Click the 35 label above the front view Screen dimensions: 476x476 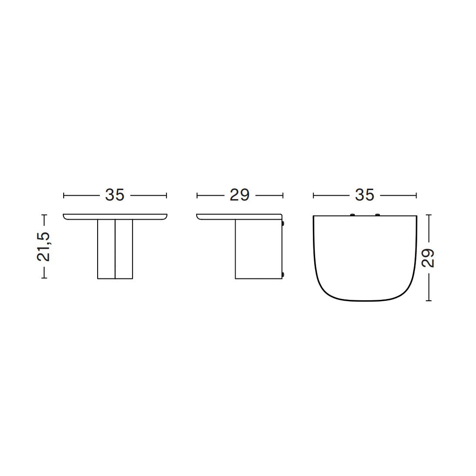point(115,195)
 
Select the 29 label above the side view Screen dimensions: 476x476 point(239,195)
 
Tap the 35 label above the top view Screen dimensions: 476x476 point(364,195)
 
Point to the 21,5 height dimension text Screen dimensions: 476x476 point(43,247)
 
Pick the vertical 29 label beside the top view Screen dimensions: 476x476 point(428,258)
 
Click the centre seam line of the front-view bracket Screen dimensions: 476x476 point(115,249)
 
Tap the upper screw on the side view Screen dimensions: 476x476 point(283,224)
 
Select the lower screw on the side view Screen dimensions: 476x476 point(283,275)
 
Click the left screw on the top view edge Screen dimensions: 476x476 point(352,215)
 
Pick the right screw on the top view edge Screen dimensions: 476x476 point(377,215)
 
